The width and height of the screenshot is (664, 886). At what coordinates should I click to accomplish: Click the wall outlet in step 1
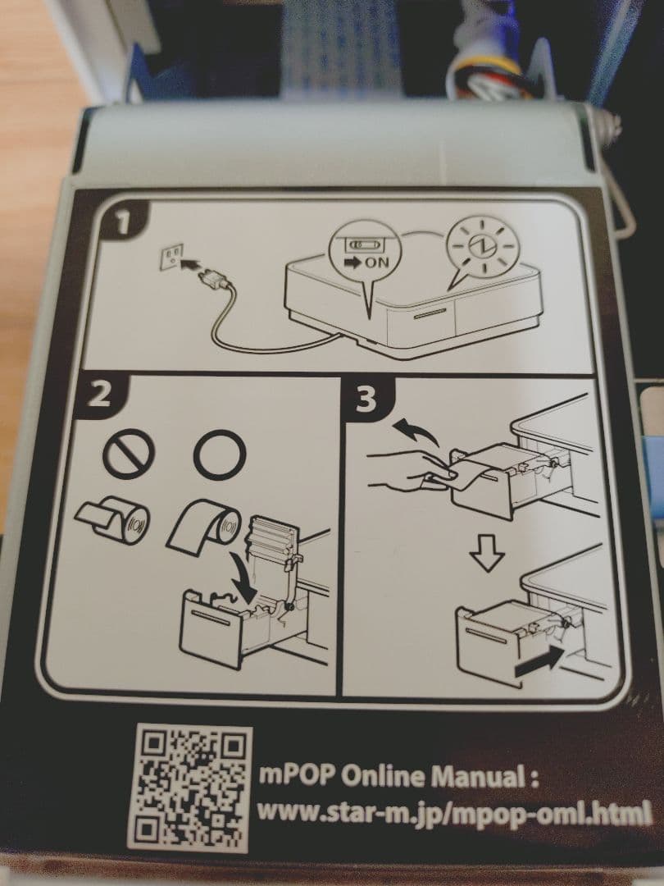click(x=171, y=256)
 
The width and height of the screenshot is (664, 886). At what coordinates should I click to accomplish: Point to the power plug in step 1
click(x=213, y=276)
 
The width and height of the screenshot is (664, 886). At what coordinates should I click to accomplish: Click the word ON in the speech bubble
click(x=376, y=263)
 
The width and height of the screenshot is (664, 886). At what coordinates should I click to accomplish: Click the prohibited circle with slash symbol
click(x=128, y=454)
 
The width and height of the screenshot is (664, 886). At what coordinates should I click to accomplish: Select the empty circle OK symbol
click(x=220, y=454)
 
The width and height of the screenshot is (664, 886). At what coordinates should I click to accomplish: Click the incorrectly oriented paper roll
click(x=113, y=518)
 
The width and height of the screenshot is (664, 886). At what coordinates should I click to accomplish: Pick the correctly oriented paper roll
click(x=204, y=525)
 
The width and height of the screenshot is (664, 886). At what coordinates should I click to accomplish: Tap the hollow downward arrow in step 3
click(x=487, y=552)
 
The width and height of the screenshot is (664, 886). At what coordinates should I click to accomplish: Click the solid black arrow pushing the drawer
click(x=539, y=661)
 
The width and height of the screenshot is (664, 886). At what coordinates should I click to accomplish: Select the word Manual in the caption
click(x=477, y=777)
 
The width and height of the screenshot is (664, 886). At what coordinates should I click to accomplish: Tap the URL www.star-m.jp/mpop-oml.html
click(x=454, y=814)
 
